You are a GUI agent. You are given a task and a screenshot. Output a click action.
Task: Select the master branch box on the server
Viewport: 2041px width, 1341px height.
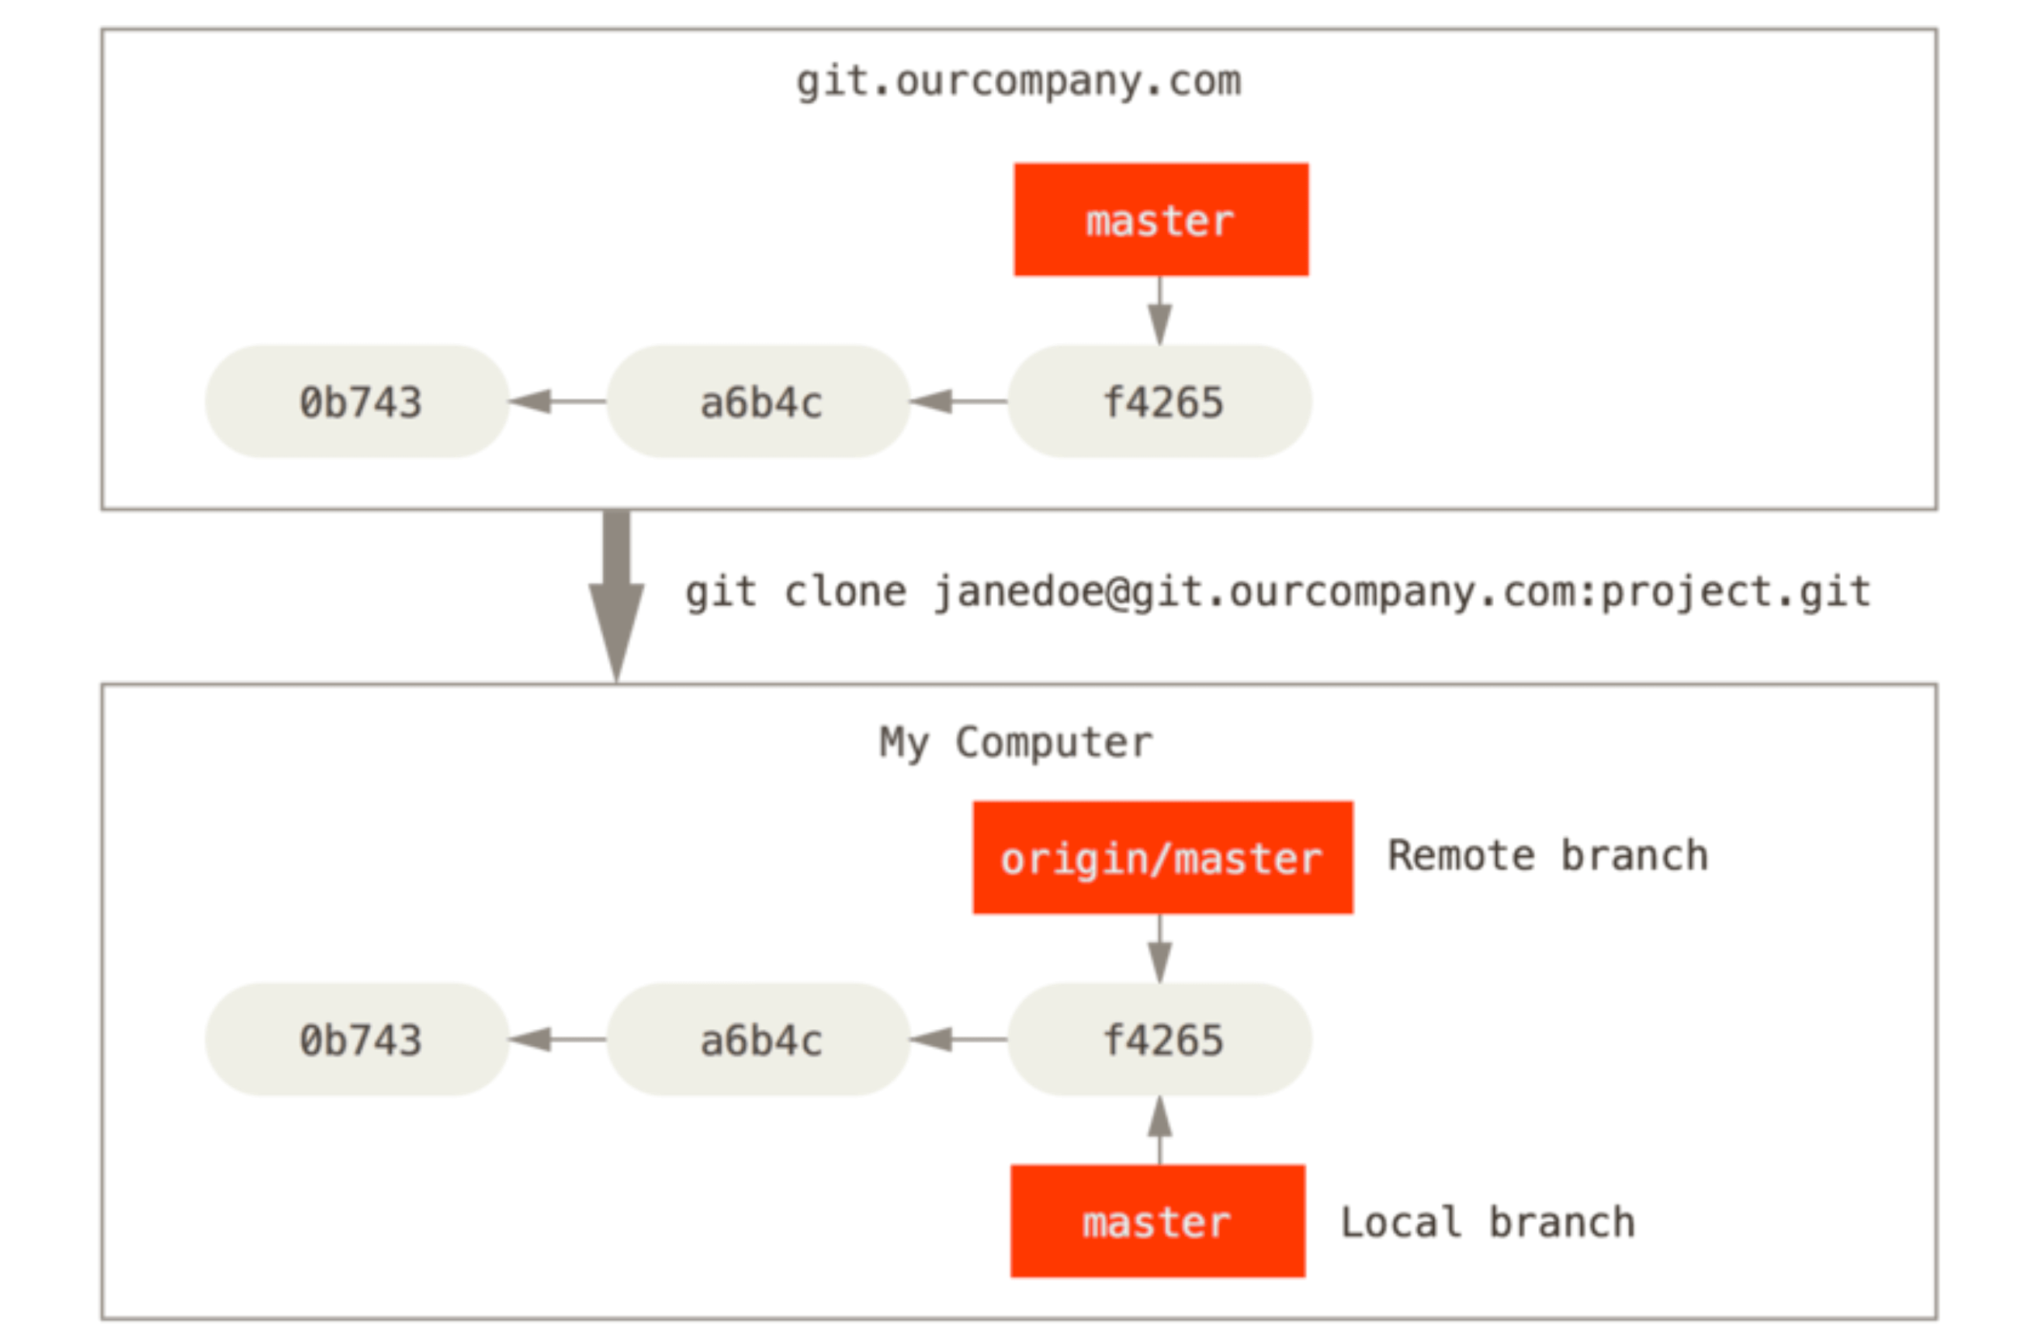tap(1161, 220)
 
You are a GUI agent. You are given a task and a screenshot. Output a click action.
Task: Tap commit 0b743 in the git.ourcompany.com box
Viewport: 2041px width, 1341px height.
tap(358, 401)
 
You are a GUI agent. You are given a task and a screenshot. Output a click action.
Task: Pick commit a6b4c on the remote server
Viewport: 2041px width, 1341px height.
tap(759, 401)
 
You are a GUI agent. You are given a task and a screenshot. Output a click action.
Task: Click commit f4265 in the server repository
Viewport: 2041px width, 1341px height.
tap(1160, 401)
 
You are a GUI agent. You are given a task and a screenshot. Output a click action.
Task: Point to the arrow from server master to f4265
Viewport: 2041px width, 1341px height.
tap(1160, 310)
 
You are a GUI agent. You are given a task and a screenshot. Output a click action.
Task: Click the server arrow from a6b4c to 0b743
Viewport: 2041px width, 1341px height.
tap(558, 401)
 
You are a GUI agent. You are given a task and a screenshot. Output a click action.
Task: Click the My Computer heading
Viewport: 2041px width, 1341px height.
tap(1016, 743)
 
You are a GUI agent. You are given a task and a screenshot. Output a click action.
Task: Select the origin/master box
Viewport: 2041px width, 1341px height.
tap(1163, 858)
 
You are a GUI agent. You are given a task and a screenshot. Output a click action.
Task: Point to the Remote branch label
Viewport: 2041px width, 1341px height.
tap(1548, 856)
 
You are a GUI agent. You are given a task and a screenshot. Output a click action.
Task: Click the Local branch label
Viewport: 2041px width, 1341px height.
tap(1488, 1221)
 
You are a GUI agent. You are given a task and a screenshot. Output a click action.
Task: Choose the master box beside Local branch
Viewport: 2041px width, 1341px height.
tap(1158, 1221)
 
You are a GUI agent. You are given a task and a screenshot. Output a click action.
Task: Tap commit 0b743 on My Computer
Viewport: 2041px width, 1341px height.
tap(358, 1039)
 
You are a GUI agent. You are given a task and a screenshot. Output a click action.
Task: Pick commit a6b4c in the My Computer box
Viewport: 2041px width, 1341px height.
tap(759, 1039)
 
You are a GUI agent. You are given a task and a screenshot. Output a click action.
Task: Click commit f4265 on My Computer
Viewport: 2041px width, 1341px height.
tap(1160, 1039)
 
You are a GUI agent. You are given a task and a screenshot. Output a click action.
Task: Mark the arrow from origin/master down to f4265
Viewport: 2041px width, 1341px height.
tap(1160, 948)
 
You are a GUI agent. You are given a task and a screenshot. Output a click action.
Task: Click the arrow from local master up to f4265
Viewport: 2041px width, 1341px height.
tap(1160, 1130)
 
